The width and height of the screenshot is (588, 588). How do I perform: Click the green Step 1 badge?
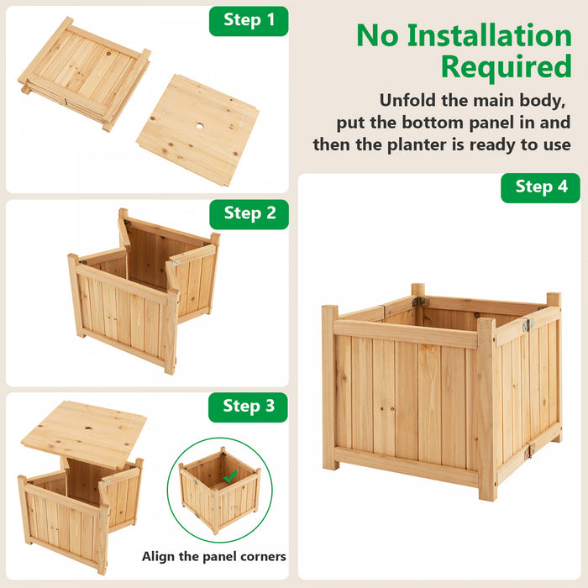click(249, 20)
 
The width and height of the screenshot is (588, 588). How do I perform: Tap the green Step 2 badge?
click(249, 213)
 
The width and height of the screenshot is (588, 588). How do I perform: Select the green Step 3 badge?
click(249, 407)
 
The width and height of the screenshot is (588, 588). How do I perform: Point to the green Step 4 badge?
click(541, 186)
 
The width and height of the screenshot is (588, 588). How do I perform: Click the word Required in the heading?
click(506, 66)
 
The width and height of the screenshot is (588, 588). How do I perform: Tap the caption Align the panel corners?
click(214, 556)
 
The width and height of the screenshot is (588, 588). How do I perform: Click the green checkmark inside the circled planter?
click(228, 476)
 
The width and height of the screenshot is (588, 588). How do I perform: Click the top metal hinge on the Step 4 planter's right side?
click(528, 325)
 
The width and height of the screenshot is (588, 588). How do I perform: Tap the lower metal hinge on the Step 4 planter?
click(528, 451)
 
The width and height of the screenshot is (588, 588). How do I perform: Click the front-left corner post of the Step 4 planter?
click(330, 386)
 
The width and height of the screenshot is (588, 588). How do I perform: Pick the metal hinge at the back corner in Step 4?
click(420, 302)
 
